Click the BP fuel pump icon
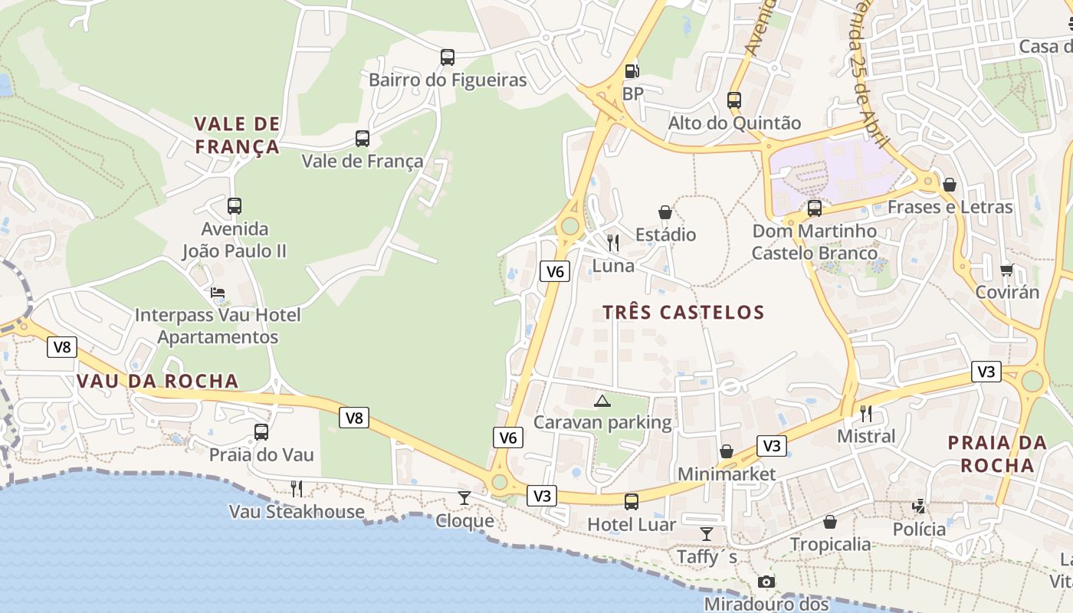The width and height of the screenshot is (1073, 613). tap(632, 71)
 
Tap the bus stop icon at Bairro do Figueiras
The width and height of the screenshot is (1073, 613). tap(448, 57)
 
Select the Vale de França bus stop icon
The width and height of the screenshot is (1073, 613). tap(363, 139)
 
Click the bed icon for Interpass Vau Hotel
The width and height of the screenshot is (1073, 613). tap(218, 293)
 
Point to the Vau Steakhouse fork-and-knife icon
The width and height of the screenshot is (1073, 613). tap(297, 489)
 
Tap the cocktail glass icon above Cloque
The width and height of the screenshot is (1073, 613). tap(464, 498)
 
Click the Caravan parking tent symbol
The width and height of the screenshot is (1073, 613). tap(602, 401)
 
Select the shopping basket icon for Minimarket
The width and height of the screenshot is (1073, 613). tap(726, 452)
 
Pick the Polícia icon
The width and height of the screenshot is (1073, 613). tap(919, 506)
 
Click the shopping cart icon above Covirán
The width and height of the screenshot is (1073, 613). tap(1006, 270)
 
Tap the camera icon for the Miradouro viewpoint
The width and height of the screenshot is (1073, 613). tap(766, 582)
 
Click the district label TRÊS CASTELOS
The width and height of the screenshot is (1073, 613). tap(684, 313)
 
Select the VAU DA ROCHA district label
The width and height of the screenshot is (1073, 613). tap(158, 382)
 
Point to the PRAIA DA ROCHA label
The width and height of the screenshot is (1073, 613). tap(997, 454)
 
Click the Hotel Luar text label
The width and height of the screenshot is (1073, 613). tap(632, 525)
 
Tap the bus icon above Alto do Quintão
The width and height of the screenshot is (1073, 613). tap(734, 100)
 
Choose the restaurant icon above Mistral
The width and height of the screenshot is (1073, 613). tap(866, 414)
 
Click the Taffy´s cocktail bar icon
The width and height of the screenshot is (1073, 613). tap(707, 533)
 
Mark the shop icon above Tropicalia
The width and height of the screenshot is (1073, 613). tap(830, 523)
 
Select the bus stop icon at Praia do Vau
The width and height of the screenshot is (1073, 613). tap(261, 432)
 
